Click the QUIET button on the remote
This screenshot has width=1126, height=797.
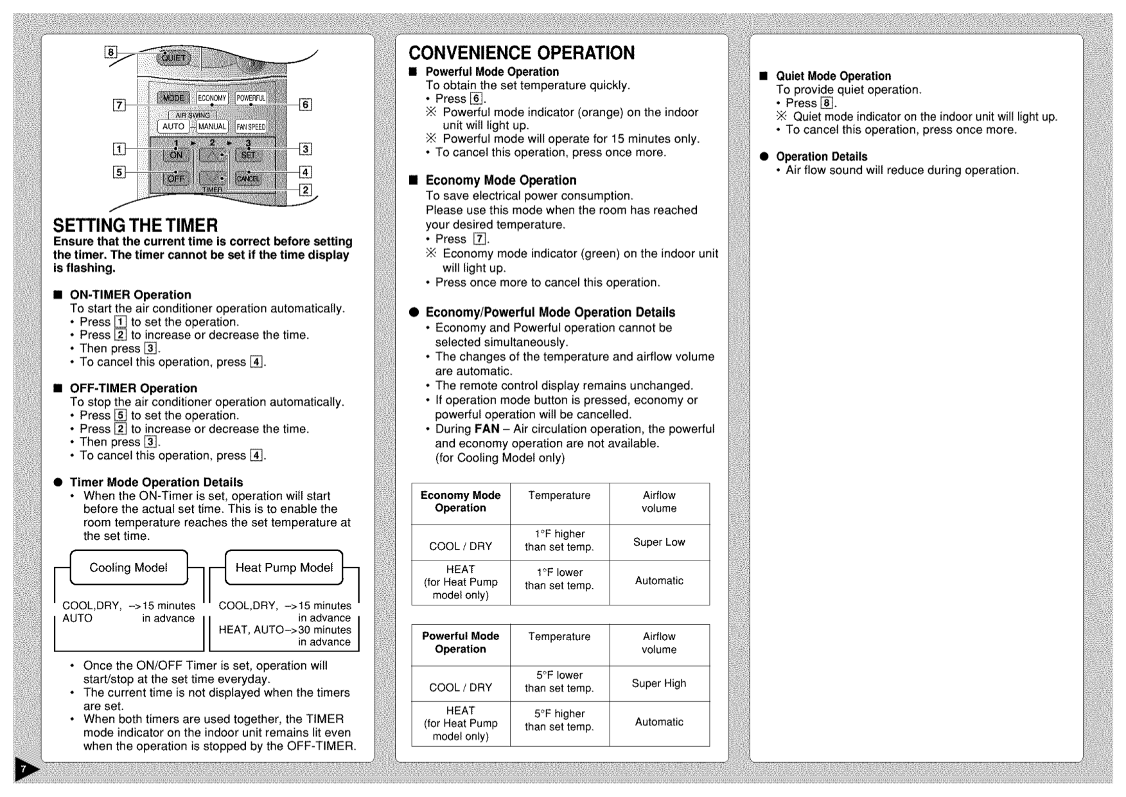click(x=173, y=58)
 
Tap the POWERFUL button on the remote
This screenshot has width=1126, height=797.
click(x=251, y=98)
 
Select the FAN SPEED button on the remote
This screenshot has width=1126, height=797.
click(x=251, y=127)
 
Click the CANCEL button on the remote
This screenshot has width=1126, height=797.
click(x=248, y=179)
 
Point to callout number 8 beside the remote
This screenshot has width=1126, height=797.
click(x=111, y=52)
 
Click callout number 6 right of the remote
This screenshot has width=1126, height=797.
click(x=306, y=104)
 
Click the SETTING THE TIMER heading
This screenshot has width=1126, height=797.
click(x=136, y=226)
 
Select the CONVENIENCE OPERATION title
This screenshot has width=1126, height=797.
click(x=522, y=53)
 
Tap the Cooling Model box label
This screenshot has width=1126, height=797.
click(x=128, y=568)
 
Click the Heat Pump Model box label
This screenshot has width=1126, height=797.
click(x=284, y=568)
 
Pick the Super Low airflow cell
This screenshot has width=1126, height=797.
click(x=659, y=542)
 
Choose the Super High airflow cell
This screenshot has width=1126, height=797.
click(x=659, y=683)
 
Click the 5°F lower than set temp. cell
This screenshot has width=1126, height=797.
click(x=559, y=681)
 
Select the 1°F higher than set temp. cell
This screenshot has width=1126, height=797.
click(x=559, y=540)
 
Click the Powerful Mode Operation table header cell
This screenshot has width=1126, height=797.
click(x=461, y=643)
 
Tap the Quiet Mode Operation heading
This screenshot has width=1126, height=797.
click(x=833, y=76)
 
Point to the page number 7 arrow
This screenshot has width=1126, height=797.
click(x=25, y=769)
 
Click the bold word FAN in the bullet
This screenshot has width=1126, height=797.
click(x=487, y=429)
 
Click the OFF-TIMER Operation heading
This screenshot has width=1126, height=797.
click(x=134, y=388)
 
